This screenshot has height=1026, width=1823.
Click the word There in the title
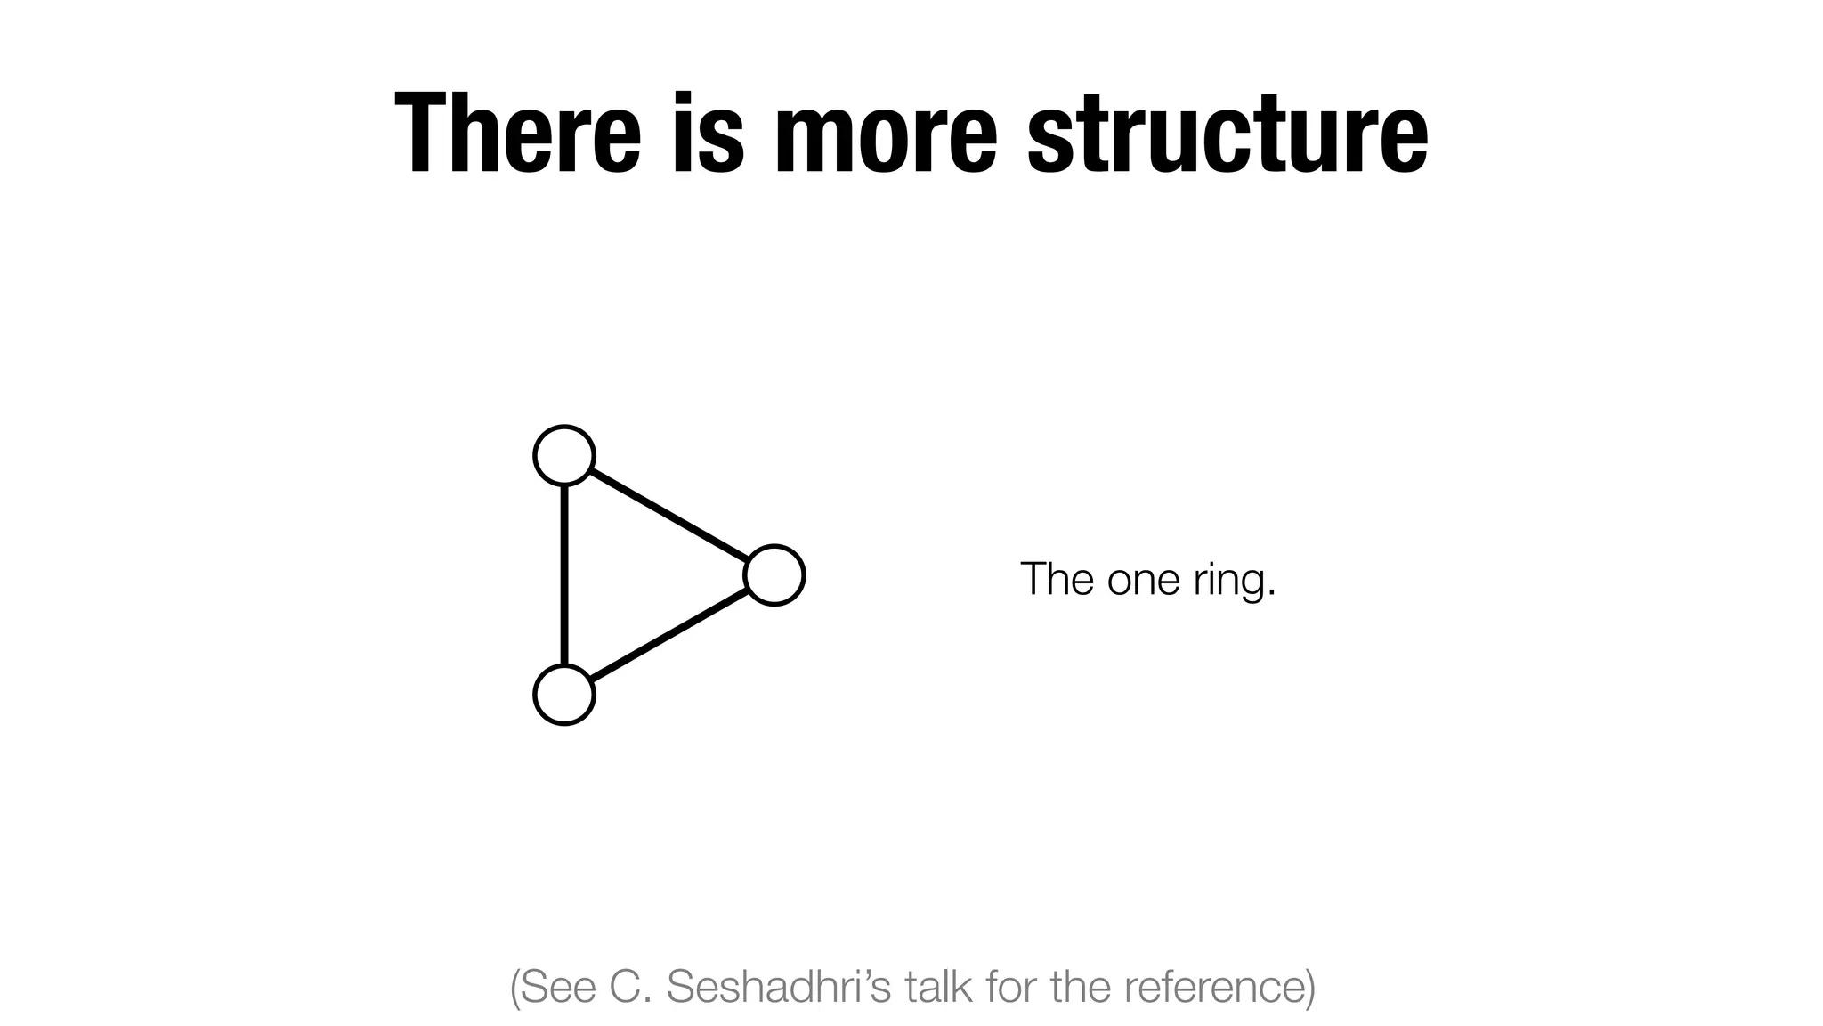point(517,134)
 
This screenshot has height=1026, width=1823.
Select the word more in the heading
point(886,134)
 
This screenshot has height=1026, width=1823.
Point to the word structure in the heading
point(1227,134)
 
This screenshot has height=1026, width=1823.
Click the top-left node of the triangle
point(564,455)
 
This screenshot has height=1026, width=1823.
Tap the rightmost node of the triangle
point(774,575)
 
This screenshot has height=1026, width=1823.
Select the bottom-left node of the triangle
point(564,695)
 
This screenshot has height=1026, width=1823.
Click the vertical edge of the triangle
point(564,575)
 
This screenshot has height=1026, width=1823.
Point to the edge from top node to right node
point(669,515)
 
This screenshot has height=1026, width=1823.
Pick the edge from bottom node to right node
point(669,635)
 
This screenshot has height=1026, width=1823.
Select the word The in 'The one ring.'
point(1057,580)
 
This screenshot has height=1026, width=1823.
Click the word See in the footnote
point(556,987)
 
